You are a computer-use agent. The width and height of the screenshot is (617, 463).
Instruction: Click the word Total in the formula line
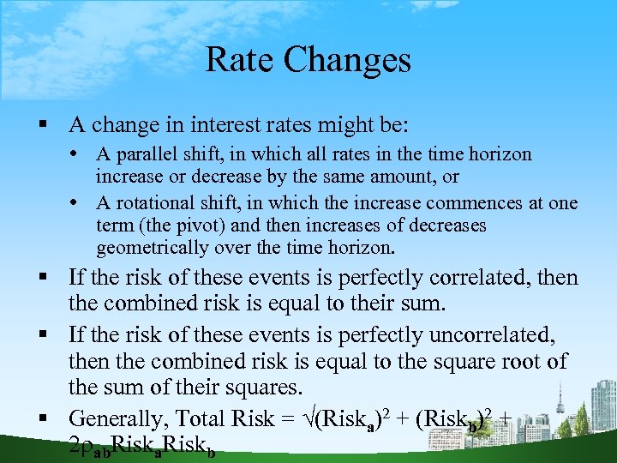200,418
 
